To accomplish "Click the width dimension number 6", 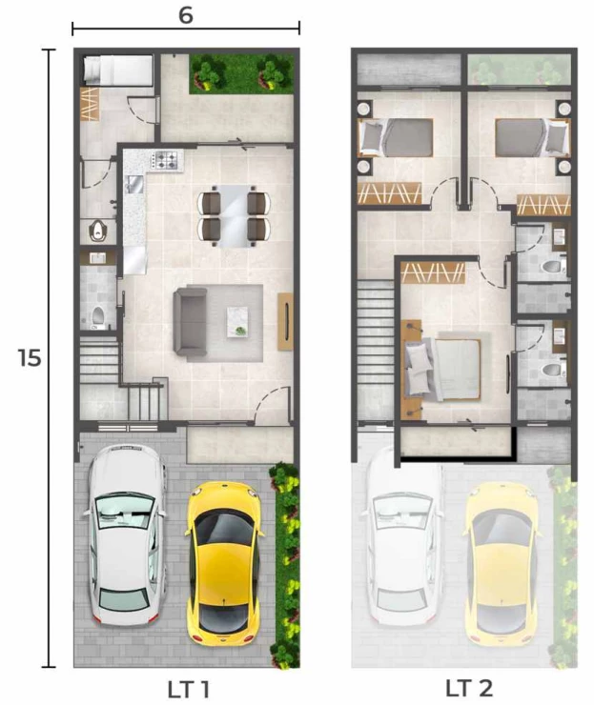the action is (x=186, y=15).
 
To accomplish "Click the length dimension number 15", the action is (x=30, y=358).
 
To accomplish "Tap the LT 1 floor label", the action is (x=188, y=690).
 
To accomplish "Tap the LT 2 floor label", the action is (x=469, y=689).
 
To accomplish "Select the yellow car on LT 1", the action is (x=224, y=564).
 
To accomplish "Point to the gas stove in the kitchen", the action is (x=167, y=160).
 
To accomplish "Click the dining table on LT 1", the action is (x=234, y=216).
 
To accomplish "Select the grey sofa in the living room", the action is (x=191, y=322).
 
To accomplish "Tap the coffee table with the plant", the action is (x=237, y=321).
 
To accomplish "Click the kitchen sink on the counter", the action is (x=134, y=184).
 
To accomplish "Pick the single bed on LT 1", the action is (x=118, y=70).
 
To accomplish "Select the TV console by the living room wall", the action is (x=285, y=321).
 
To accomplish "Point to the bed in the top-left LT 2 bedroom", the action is (x=396, y=137).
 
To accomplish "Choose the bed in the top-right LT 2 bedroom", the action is (x=533, y=137).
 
